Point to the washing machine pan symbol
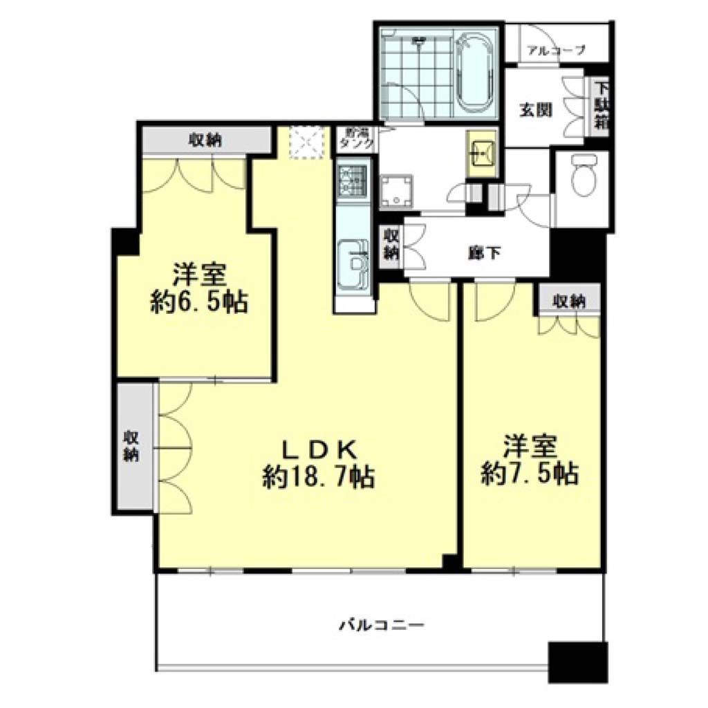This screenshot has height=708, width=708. pyautogui.click(x=396, y=192)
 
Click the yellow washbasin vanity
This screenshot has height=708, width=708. pyautogui.click(x=482, y=153)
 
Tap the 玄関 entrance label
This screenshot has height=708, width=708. pyautogui.click(x=536, y=110)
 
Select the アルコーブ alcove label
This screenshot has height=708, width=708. pyautogui.click(x=557, y=50)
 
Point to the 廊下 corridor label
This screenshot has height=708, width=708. pyautogui.click(x=484, y=253)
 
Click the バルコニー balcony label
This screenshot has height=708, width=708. pyautogui.click(x=382, y=625)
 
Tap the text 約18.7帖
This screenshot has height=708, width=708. pyautogui.click(x=319, y=476)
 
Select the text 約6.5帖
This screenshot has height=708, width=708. pyautogui.click(x=199, y=301)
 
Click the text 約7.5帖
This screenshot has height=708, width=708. pyautogui.click(x=530, y=473)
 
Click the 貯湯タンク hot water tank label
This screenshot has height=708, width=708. pyautogui.click(x=357, y=138)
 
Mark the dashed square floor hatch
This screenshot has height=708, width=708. pyautogui.click(x=307, y=142)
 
